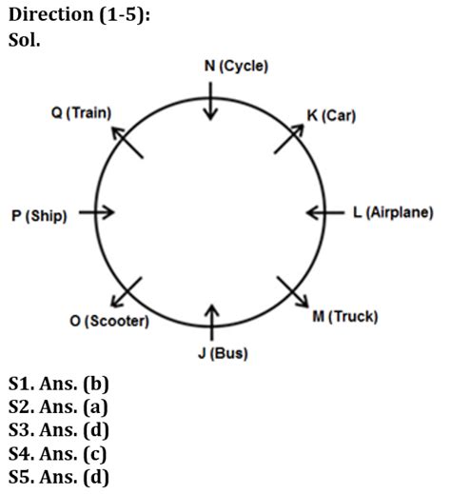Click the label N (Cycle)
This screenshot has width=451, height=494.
click(x=236, y=67)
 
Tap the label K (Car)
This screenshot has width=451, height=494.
click(x=331, y=115)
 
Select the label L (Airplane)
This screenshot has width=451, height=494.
click(x=393, y=212)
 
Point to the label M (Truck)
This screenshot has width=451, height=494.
click(x=345, y=316)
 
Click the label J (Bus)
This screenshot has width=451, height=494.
click(x=223, y=353)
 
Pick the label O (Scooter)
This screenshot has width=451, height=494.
click(x=109, y=321)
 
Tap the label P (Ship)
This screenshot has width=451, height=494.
click(x=39, y=216)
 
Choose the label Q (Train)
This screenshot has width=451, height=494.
click(x=81, y=113)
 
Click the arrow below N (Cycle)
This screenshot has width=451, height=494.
click(x=210, y=101)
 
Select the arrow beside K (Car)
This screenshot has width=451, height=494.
click(x=289, y=139)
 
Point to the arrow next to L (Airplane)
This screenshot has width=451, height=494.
click(x=325, y=212)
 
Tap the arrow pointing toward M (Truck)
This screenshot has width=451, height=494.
click(x=293, y=292)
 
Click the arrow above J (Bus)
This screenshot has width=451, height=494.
click(x=212, y=323)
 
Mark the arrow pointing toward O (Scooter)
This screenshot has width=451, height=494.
click(x=127, y=292)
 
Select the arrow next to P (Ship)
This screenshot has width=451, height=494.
click(x=97, y=212)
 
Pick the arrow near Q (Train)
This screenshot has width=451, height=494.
click(x=127, y=142)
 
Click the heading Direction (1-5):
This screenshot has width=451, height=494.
click(x=79, y=15)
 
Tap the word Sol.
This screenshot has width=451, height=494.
click(x=25, y=40)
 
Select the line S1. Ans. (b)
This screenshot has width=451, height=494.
click(x=59, y=384)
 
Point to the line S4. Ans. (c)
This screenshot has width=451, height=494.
click(x=57, y=454)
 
